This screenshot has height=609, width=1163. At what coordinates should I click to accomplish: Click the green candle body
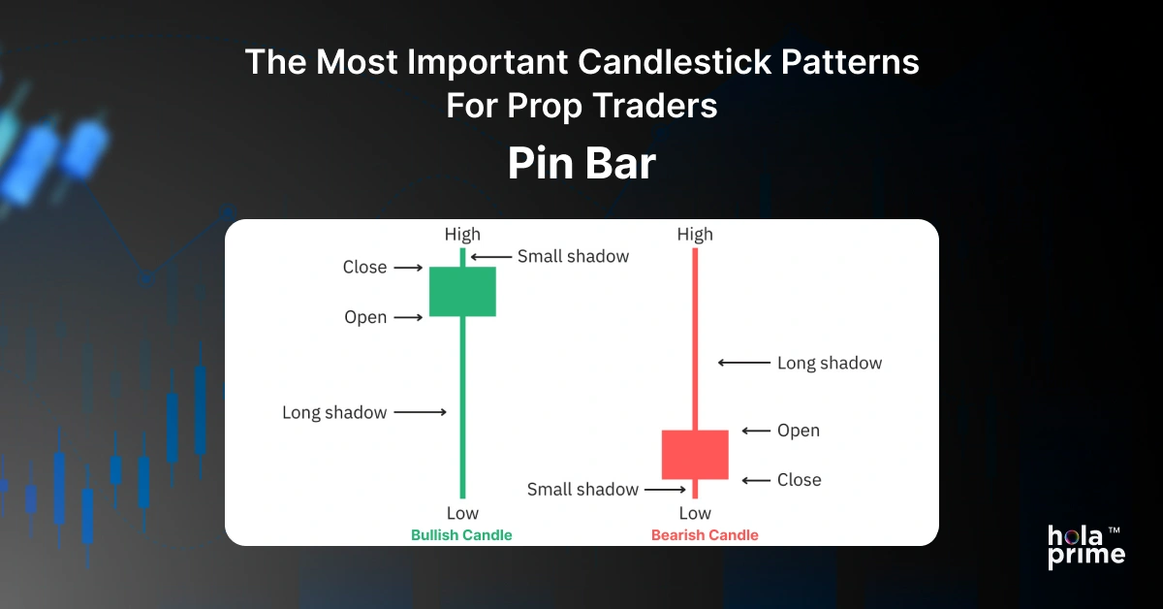[x=462, y=291]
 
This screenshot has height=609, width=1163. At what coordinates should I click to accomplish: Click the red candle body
[x=694, y=454]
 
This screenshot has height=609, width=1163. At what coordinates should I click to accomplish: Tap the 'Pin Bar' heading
[x=581, y=165]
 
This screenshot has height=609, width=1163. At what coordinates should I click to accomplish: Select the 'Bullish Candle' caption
[x=461, y=535]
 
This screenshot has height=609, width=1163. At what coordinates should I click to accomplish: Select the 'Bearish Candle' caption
[x=705, y=535]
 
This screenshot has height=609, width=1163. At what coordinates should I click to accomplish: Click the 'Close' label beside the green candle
[x=364, y=267]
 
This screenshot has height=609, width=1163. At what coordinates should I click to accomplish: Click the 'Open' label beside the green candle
[x=365, y=317]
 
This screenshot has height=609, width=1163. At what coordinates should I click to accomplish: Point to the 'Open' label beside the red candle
[x=798, y=431]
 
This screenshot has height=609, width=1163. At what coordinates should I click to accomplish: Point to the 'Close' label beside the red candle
[x=799, y=480]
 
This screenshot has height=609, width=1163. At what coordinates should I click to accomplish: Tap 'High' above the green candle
[x=462, y=234]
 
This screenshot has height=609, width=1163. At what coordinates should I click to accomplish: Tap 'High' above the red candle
[x=695, y=234]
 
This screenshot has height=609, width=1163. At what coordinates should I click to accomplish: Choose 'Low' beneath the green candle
[x=462, y=513]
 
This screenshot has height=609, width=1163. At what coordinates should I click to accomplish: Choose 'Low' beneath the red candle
[x=695, y=513]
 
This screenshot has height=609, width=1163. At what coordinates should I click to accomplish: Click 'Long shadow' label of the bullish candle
[x=334, y=412]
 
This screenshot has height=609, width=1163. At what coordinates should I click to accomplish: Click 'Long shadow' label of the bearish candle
[x=830, y=364]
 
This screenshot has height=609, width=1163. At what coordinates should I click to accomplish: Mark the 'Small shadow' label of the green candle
[x=573, y=257]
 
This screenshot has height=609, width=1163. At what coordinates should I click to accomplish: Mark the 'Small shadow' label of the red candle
[x=582, y=490]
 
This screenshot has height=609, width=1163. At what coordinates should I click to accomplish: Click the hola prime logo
[x=1086, y=546]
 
